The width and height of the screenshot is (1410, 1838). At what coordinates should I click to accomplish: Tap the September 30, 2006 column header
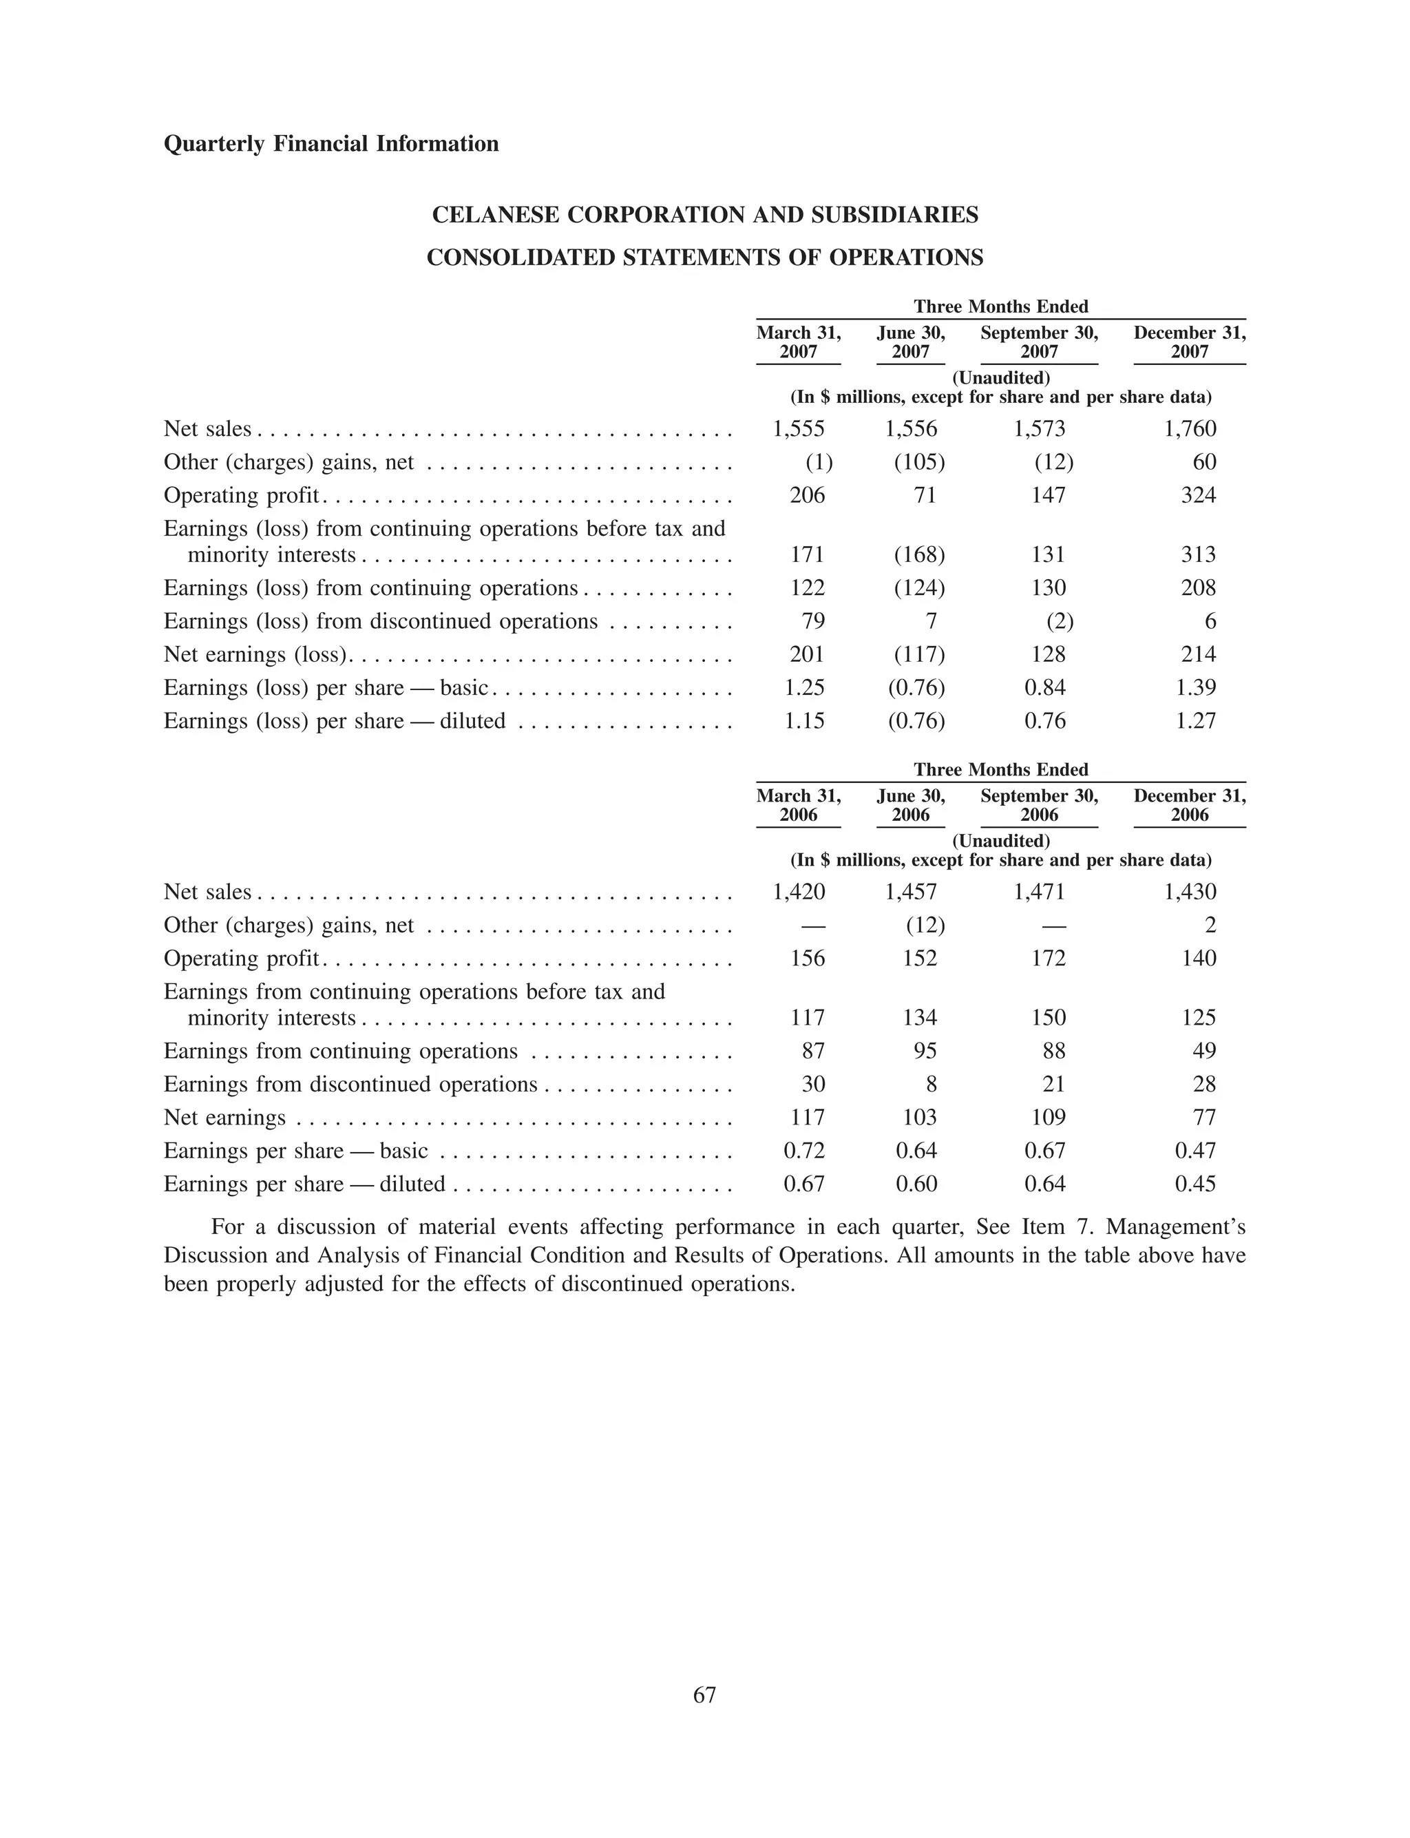(x=1039, y=805)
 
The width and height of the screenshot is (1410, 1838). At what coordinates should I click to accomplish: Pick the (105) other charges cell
(x=919, y=463)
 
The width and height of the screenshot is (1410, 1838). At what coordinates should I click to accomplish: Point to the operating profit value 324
(x=1198, y=495)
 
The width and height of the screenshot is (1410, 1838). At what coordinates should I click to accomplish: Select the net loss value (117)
(x=919, y=655)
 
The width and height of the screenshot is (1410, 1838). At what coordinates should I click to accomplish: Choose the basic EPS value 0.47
(x=1195, y=1151)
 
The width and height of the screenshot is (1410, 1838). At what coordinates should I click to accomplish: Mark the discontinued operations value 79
(x=813, y=621)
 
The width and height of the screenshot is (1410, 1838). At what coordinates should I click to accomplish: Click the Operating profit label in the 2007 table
(x=241, y=495)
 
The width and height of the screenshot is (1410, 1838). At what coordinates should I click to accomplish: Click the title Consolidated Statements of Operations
(x=704, y=258)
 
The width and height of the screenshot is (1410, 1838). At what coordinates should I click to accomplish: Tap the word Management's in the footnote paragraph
(x=1175, y=1227)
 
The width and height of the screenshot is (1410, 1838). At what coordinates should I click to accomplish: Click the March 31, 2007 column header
(x=798, y=342)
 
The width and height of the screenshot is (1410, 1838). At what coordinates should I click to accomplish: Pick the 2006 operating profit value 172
(x=1049, y=959)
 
